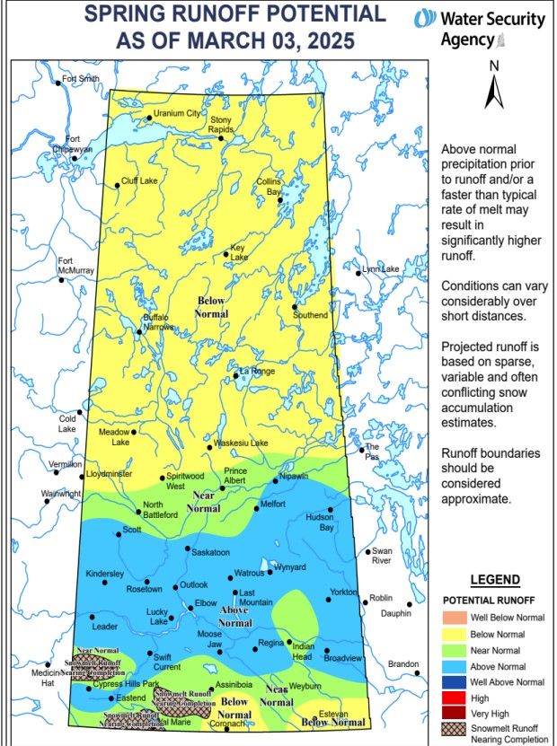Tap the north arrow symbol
point(493,89)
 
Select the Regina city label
point(270,643)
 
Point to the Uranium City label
point(176,113)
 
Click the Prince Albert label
point(234,475)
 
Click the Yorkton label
point(343,592)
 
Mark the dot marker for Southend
point(294,306)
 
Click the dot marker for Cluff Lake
point(117,186)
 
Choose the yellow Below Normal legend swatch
point(455,634)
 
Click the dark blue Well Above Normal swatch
point(455,682)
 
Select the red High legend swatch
point(455,698)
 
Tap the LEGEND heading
point(494,580)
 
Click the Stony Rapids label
point(227,125)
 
